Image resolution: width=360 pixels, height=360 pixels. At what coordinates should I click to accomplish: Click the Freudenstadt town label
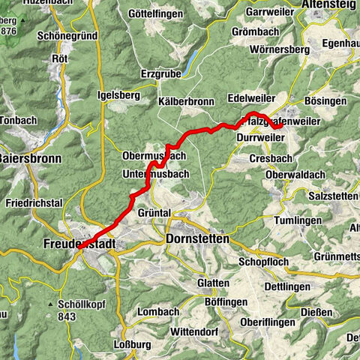pyautogui.click(x=75, y=243)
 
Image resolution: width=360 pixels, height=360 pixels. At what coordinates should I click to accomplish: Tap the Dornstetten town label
pyautogui.click(x=196, y=239)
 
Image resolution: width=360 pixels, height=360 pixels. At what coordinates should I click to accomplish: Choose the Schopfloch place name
pyautogui.click(x=264, y=262)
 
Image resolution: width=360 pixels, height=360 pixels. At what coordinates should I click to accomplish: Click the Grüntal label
pyautogui.click(x=155, y=212)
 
